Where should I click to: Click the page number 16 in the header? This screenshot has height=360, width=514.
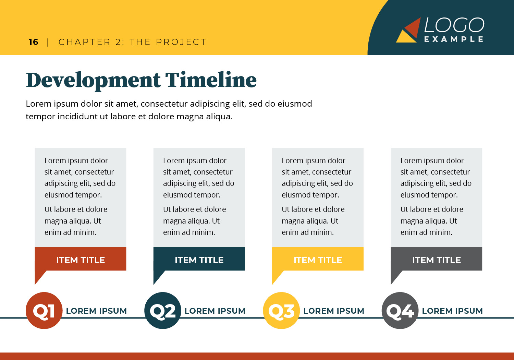click(x=34, y=42)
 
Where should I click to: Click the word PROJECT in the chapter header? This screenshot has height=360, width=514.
click(x=181, y=42)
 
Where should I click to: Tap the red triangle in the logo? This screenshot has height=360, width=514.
click(x=413, y=27)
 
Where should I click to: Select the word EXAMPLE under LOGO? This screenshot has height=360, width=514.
click(x=454, y=39)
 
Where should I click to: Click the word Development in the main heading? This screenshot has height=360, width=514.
click(x=93, y=81)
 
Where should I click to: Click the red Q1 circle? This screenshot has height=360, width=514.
click(x=44, y=310)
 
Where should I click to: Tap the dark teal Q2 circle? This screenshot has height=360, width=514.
click(x=163, y=310)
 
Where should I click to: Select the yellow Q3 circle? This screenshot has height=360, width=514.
click(x=281, y=310)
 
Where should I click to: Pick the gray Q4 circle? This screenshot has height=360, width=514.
click(x=400, y=310)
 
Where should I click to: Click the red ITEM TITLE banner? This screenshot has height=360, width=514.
click(x=81, y=259)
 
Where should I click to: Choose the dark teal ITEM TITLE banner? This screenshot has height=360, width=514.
click(x=199, y=259)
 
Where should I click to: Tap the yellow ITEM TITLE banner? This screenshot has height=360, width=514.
click(x=318, y=259)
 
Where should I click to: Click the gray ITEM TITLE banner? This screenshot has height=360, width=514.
click(x=437, y=259)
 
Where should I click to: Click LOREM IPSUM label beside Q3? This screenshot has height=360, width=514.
click(x=334, y=311)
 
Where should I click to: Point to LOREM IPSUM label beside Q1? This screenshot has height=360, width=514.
click(x=96, y=311)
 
